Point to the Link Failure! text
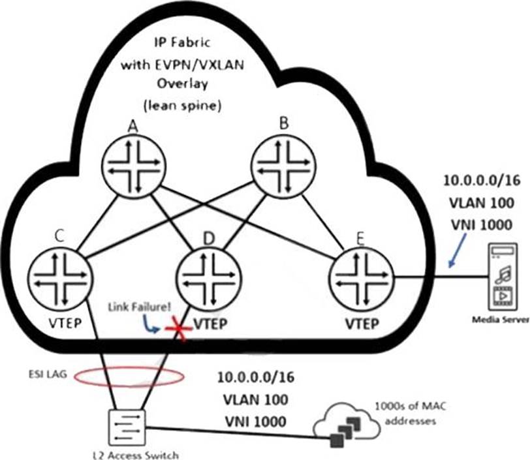pos(139,307)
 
